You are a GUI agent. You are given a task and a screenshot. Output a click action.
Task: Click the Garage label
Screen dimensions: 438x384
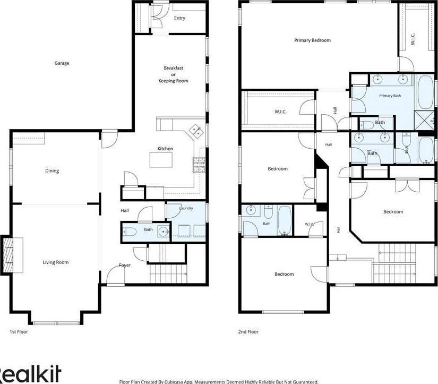[x=62, y=63]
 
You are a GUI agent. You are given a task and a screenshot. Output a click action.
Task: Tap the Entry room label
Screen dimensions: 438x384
[x=179, y=18]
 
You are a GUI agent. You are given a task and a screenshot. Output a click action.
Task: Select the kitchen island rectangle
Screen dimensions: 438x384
[x=161, y=159]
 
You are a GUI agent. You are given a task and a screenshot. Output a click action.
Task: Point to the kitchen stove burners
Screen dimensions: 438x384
[x=199, y=165]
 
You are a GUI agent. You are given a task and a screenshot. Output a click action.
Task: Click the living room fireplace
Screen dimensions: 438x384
[x=8, y=254]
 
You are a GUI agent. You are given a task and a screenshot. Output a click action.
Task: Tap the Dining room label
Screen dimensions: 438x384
[x=52, y=171]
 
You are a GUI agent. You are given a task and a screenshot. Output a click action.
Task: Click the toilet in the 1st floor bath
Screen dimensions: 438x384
[x=130, y=232]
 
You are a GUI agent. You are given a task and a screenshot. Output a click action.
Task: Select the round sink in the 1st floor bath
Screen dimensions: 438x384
[x=163, y=232]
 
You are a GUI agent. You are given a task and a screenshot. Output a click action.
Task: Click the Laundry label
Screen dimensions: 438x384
[x=186, y=208]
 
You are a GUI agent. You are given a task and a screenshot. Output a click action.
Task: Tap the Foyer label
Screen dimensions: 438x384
[x=125, y=265]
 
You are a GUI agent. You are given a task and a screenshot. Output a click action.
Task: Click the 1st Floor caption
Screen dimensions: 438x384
[x=19, y=332]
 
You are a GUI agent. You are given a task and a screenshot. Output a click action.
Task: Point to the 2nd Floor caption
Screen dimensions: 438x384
[x=248, y=332]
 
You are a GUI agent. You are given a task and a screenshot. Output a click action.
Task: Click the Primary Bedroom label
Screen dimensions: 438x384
[x=312, y=40]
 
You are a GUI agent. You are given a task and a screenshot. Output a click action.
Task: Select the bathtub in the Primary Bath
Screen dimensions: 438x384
[x=426, y=92]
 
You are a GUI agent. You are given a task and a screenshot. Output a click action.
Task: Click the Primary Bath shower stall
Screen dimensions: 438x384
[x=424, y=120]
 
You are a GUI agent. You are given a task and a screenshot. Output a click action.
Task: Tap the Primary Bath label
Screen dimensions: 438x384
[x=390, y=96]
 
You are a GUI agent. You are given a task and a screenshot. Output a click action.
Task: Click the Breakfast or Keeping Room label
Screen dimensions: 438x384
[x=173, y=74]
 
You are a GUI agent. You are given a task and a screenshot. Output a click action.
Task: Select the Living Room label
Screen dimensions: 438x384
[x=56, y=262]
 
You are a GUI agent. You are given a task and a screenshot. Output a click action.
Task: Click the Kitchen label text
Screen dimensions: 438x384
[x=165, y=149]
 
